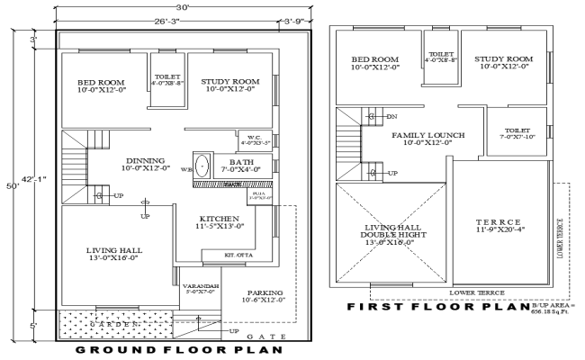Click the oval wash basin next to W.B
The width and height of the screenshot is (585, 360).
point(203,166)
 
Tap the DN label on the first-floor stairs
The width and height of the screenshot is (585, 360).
point(391,117)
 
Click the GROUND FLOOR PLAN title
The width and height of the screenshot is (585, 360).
point(179,349)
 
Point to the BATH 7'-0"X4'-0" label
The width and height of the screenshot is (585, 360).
point(236,165)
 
